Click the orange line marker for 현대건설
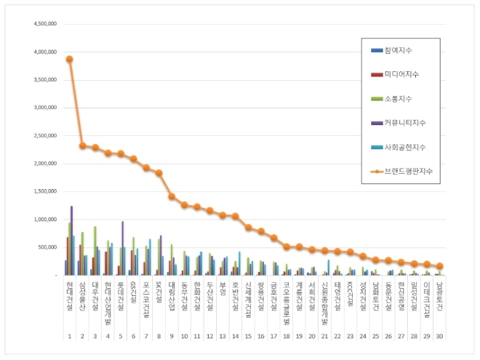(70, 59)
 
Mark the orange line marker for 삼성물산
(82, 145)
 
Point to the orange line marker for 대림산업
(172, 196)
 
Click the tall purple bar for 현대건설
(71, 240)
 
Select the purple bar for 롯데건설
(122, 248)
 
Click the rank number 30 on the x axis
(439, 337)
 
